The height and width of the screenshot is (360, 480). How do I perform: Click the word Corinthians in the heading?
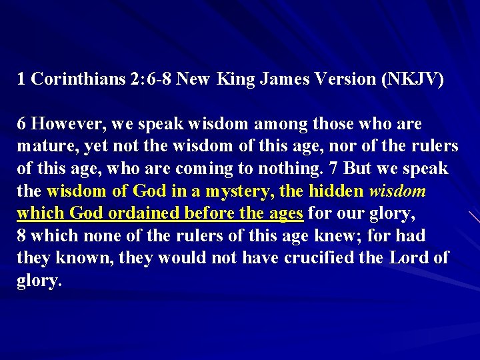click(79, 79)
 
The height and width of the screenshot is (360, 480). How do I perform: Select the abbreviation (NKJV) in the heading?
click(411, 79)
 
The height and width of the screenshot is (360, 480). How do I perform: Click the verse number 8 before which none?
click(21, 235)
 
